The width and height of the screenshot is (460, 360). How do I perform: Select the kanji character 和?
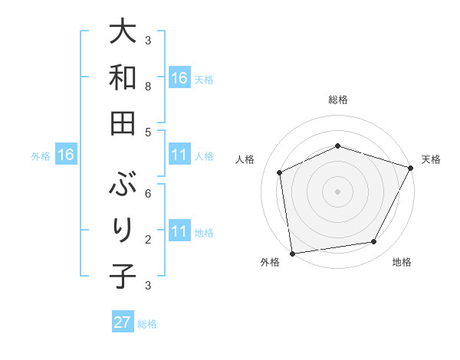123,77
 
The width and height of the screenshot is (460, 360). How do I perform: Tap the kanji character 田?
123,122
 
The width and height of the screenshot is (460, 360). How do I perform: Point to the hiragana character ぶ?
123,184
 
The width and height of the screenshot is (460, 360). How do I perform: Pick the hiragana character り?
123,230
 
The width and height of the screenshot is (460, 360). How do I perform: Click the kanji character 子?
123,275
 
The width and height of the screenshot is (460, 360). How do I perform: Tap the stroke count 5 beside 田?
148,132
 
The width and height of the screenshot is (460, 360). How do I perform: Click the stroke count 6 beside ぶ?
148,193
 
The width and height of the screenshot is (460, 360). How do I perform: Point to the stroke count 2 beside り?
148,239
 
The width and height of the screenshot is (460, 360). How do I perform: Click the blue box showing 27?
123,322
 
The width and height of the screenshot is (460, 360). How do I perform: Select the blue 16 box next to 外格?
66,155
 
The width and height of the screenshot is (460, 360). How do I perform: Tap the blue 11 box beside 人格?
179,155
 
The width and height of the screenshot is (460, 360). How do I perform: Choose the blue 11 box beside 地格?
179,231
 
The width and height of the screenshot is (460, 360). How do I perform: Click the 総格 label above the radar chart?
338,100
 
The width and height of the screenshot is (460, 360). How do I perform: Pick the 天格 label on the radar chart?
431,159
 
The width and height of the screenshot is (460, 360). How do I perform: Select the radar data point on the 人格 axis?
280,172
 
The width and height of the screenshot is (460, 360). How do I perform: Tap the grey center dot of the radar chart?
337,191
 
